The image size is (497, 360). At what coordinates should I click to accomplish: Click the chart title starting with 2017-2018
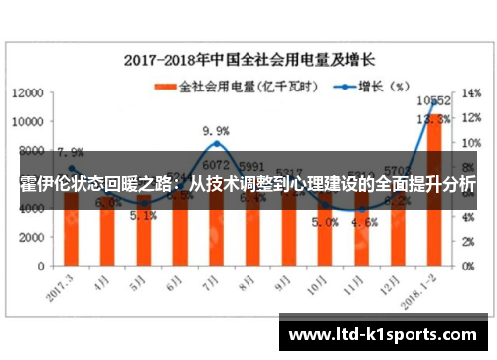click(x=252, y=59)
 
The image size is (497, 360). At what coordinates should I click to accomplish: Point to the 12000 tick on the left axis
click(x=26, y=92)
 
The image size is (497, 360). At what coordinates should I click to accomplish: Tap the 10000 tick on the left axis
click(x=26, y=121)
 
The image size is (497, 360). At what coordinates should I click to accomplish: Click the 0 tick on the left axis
click(x=41, y=266)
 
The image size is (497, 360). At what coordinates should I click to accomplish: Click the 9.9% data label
click(x=216, y=130)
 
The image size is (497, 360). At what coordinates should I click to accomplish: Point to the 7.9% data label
click(x=70, y=152)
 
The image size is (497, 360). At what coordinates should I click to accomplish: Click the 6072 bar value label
click(x=217, y=165)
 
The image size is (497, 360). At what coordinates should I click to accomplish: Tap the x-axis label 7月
click(x=210, y=282)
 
